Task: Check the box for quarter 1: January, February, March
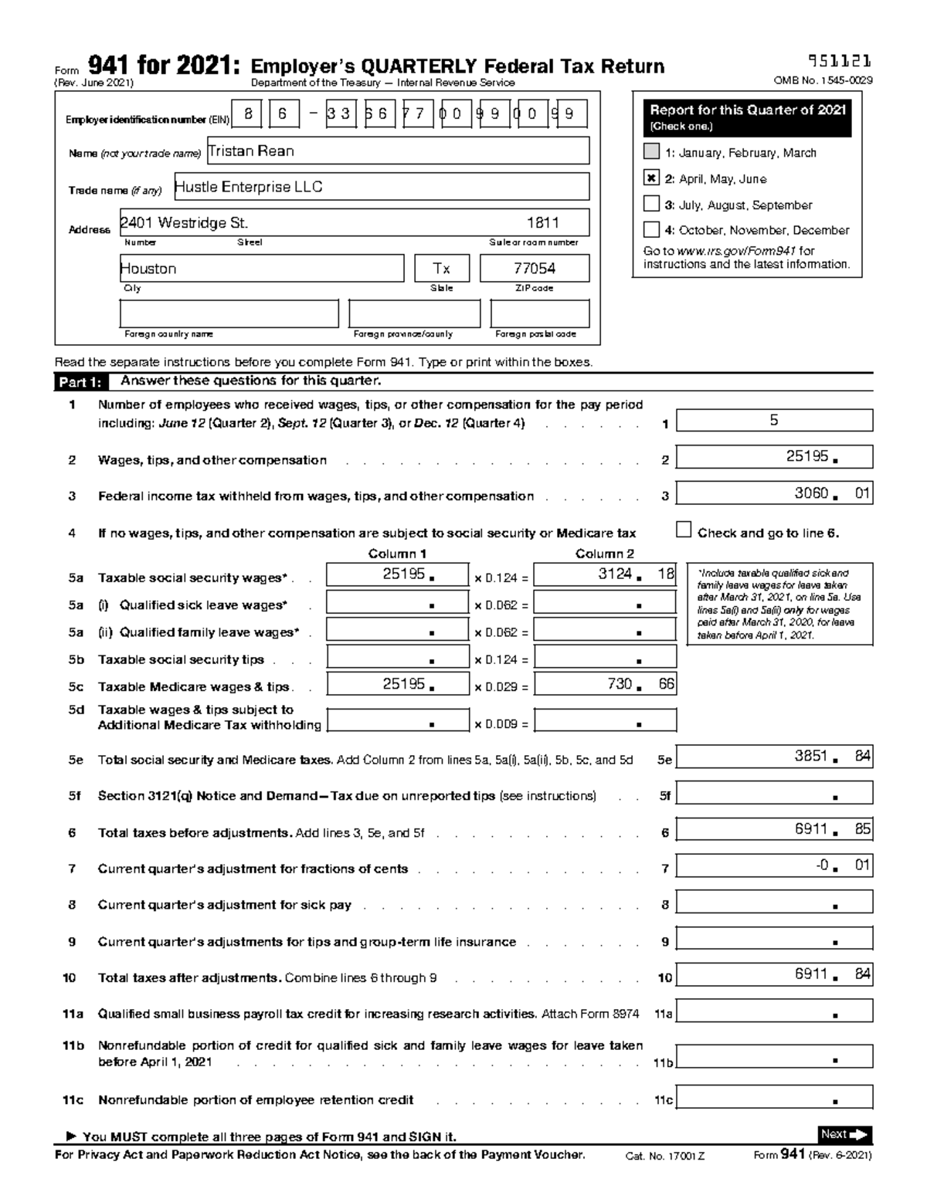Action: tap(651, 151)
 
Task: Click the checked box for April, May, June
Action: tap(651, 178)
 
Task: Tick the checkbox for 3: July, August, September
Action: tap(651, 205)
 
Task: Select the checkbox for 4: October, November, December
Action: tap(651, 229)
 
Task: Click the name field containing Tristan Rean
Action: tap(398, 151)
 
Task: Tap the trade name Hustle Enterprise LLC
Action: tap(380, 187)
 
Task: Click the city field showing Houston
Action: tap(261, 269)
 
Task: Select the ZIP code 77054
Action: tap(535, 269)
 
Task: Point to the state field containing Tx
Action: tap(441, 269)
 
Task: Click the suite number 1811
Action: tap(542, 223)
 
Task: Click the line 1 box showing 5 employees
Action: tap(774, 421)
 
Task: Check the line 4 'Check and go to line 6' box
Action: tap(684, 530)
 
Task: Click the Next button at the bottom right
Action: tap(844, 1134)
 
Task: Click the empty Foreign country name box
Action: tap(229, 314)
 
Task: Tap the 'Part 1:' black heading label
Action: tap(80, 382)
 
